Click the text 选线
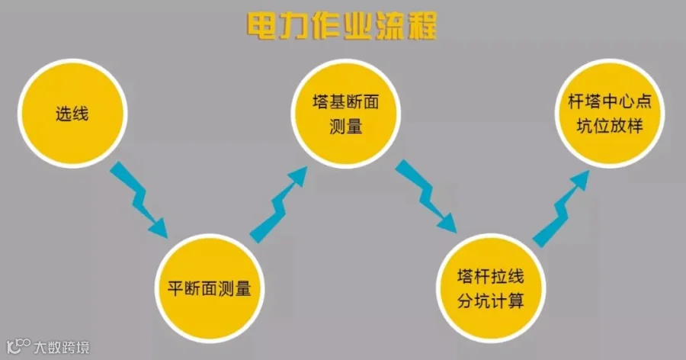click(x=72, y=114)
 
